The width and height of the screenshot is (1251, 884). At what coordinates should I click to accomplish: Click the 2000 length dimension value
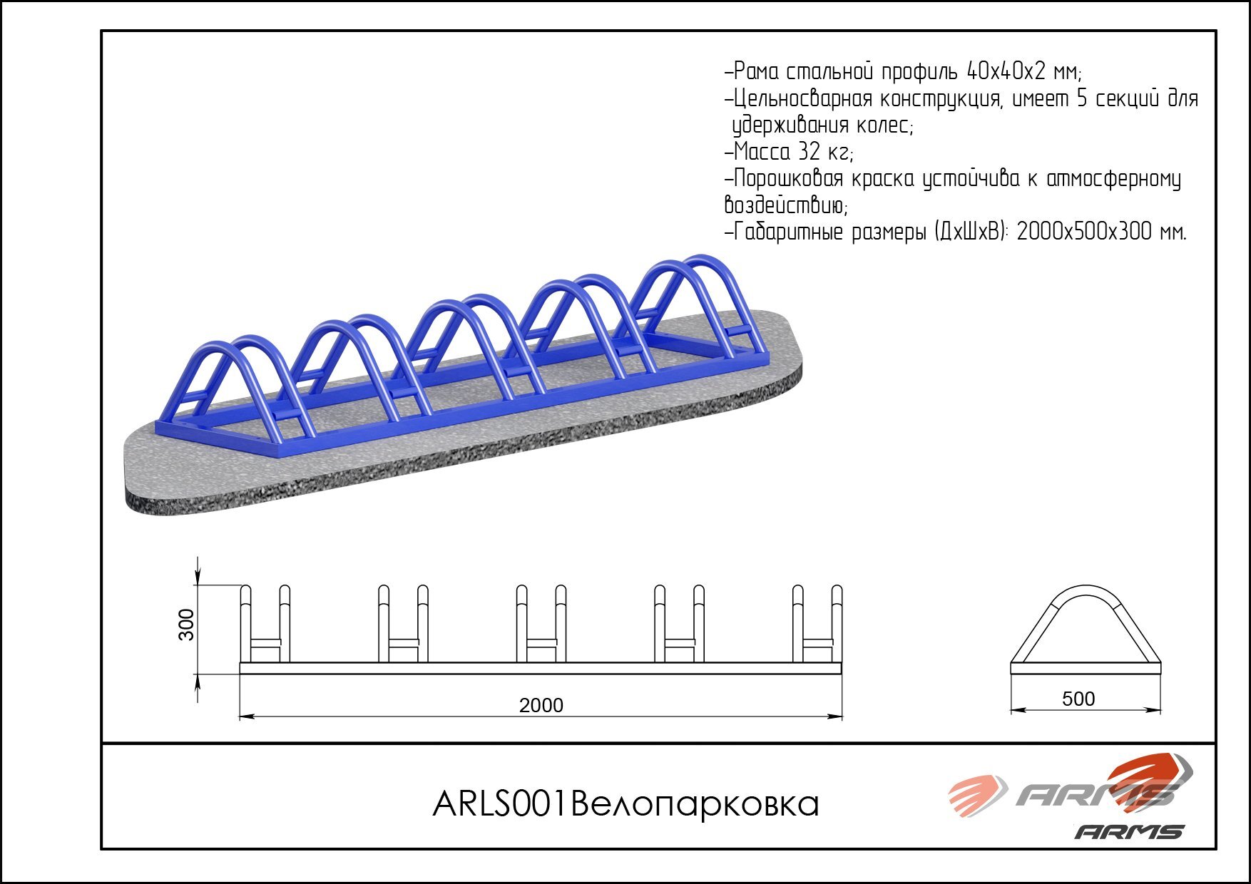click(541, 705)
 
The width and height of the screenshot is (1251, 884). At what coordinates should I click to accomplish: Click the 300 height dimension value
click(186, 625)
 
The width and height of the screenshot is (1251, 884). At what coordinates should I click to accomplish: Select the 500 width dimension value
click(1078, 699)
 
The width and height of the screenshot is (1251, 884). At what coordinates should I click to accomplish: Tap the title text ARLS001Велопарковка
click(625, 804)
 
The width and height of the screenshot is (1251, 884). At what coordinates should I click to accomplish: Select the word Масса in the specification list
click(762, 152)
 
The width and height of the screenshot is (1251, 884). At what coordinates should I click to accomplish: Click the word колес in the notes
click(883, 126)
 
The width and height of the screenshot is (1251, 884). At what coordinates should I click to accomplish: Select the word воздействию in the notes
click(785, 206)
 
